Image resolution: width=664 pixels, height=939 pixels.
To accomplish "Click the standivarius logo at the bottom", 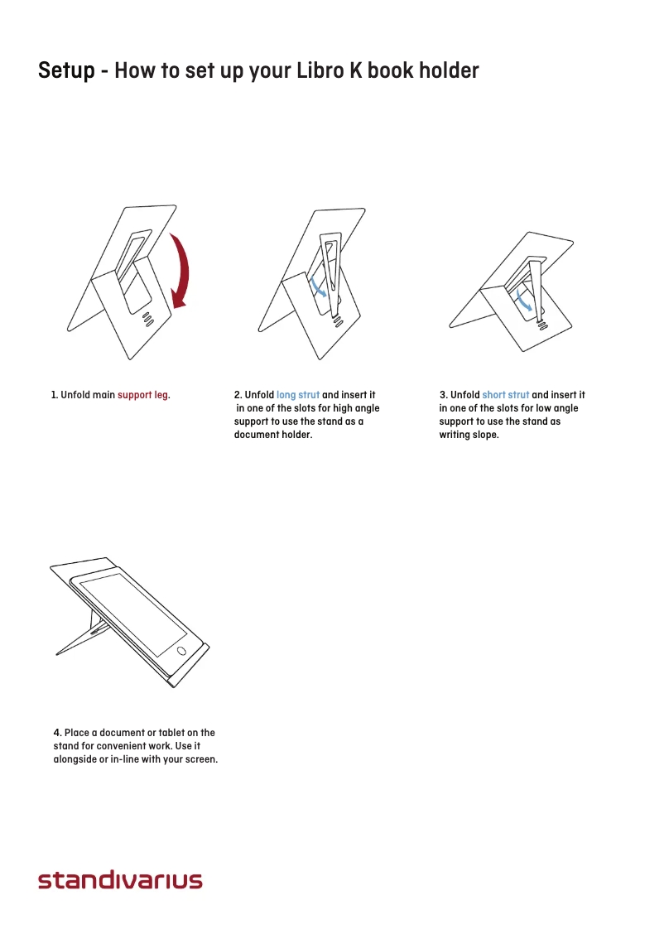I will (120, 879).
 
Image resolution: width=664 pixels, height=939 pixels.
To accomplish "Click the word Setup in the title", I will (66, 70).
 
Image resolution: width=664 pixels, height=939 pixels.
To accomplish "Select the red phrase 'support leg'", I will (142, 395).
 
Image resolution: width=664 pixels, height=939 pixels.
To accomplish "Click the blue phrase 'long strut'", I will (297, 395).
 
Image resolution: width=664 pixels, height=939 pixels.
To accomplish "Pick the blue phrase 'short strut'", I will (505, 395).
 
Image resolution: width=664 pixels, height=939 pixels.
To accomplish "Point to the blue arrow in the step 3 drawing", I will (523, 301).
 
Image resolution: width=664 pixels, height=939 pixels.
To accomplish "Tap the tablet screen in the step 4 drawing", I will (133, 613).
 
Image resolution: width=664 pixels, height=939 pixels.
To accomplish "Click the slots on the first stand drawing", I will (148, 318).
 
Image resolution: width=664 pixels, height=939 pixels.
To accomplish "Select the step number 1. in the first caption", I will (55, 395).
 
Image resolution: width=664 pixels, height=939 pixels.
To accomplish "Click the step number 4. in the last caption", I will (57, 733).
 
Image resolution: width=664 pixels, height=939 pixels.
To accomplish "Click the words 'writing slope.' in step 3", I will (469, 435).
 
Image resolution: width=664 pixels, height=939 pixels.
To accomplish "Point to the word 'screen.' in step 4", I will (201, 759).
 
